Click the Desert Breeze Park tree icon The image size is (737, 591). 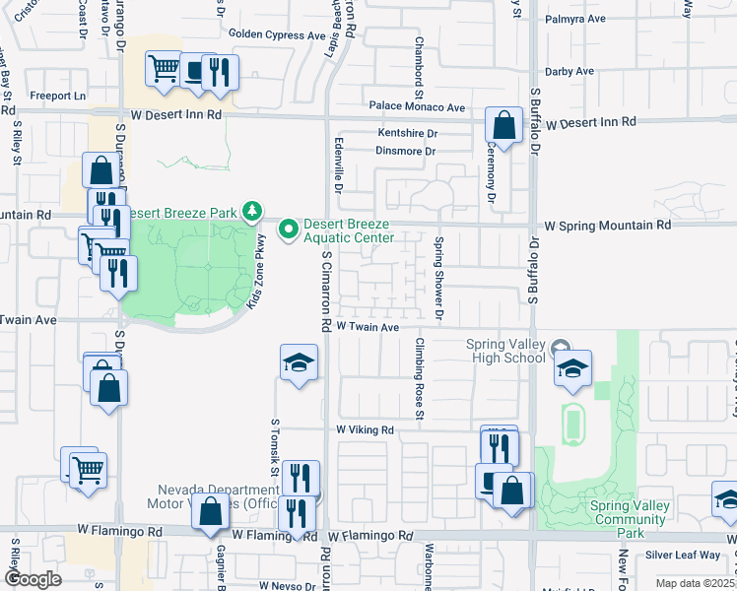(252, 211)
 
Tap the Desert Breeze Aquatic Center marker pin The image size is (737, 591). (289, 230)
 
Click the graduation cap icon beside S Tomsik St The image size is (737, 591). (298, 362)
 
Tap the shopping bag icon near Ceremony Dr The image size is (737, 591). (503, 127)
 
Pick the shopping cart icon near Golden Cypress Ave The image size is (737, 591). (163, 69)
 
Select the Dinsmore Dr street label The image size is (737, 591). (405, 151)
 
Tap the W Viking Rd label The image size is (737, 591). (365, 430)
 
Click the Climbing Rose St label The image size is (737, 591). (420, 379)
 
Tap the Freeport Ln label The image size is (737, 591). (59, 96)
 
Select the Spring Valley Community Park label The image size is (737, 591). (631, 519)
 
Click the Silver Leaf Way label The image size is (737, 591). (685, 556)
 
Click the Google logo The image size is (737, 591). (33, 578)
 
